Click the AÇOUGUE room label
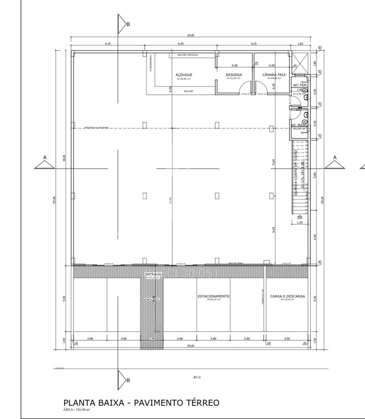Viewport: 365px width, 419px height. [x=184, y=75]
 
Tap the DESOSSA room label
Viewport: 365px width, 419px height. [x=234, y=75]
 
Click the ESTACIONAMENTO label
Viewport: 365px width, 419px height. [x=214, y=296]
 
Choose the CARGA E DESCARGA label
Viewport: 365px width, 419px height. [x=287, y=296]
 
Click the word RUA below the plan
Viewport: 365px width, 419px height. [x=197, y=377]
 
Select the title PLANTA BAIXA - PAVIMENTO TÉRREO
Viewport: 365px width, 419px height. [x=141, y=403]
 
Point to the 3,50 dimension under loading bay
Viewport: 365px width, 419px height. [x=287, y=338]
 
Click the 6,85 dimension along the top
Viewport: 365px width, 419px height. [x=181, y=43]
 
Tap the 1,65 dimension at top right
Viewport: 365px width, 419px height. [x=300, y=43]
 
